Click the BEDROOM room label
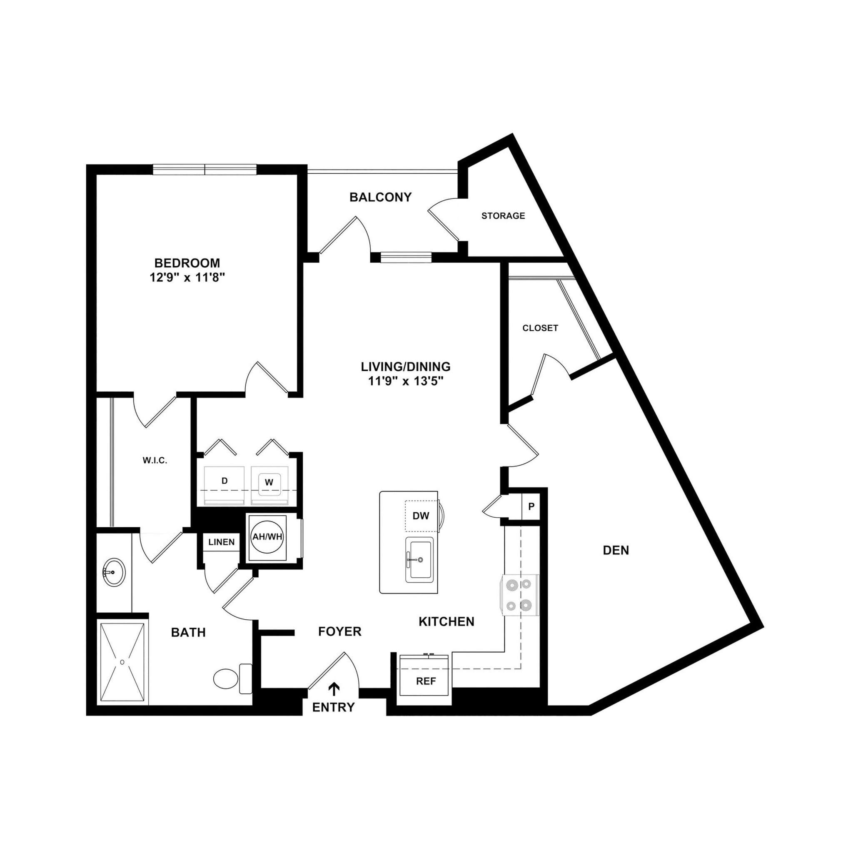[x=187, y=263]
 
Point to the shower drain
[x=122, y=662]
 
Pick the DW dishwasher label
[x=421, y=516]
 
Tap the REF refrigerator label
[x=426, y=681]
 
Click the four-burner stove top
[x=519, y=595]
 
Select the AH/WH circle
[x=267, y=537]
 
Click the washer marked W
[x=269, y=483]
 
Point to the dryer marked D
[x=224, y=481]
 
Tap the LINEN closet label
[x=221, y=542]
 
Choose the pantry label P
[x=531, y=506]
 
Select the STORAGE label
[x=503, y=216]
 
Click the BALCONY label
[x=380, y=197]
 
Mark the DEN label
[x=616, y=550]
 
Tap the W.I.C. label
[x=155, y=461]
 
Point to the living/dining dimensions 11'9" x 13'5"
[x=405, y=381]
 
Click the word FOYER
[x=339, y=632]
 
